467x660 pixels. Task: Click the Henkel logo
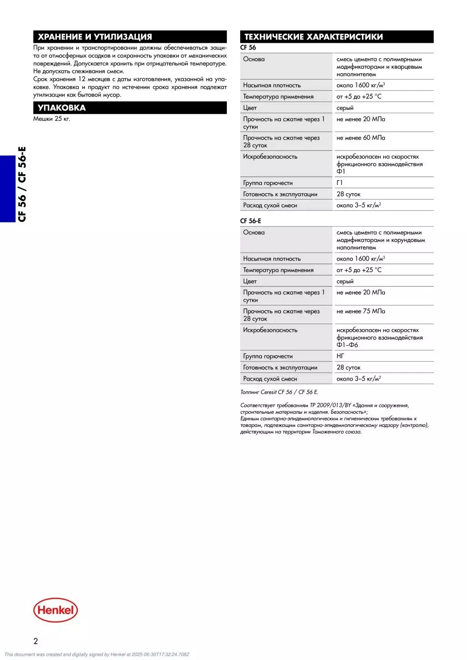coord(55,610)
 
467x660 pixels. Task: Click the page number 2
coord(35,641)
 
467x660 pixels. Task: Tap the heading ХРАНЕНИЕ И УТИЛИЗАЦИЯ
coord(95,37)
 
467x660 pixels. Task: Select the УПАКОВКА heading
coord(61,108)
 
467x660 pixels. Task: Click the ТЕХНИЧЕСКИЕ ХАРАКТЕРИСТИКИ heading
coord(313,37)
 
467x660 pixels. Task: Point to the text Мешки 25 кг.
coord(51,119)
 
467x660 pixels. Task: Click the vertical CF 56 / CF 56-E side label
coord(22,184)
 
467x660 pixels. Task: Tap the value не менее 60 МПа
coord(361,138)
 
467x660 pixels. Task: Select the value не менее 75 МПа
coord(361,311)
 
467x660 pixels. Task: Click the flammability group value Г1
coord(340,183)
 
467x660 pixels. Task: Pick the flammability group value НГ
coord(340,356)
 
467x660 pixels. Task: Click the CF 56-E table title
coord(251,221)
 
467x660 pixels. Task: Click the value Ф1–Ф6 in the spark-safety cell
coord(347,345)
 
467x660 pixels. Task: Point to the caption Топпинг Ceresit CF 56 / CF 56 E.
coord(279,392)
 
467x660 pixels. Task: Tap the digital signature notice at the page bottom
coord(96,655)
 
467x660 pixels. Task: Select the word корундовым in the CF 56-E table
coord(408,240)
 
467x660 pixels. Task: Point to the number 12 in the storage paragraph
coord(82,79)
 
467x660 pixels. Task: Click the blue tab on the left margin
coord(7,189)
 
